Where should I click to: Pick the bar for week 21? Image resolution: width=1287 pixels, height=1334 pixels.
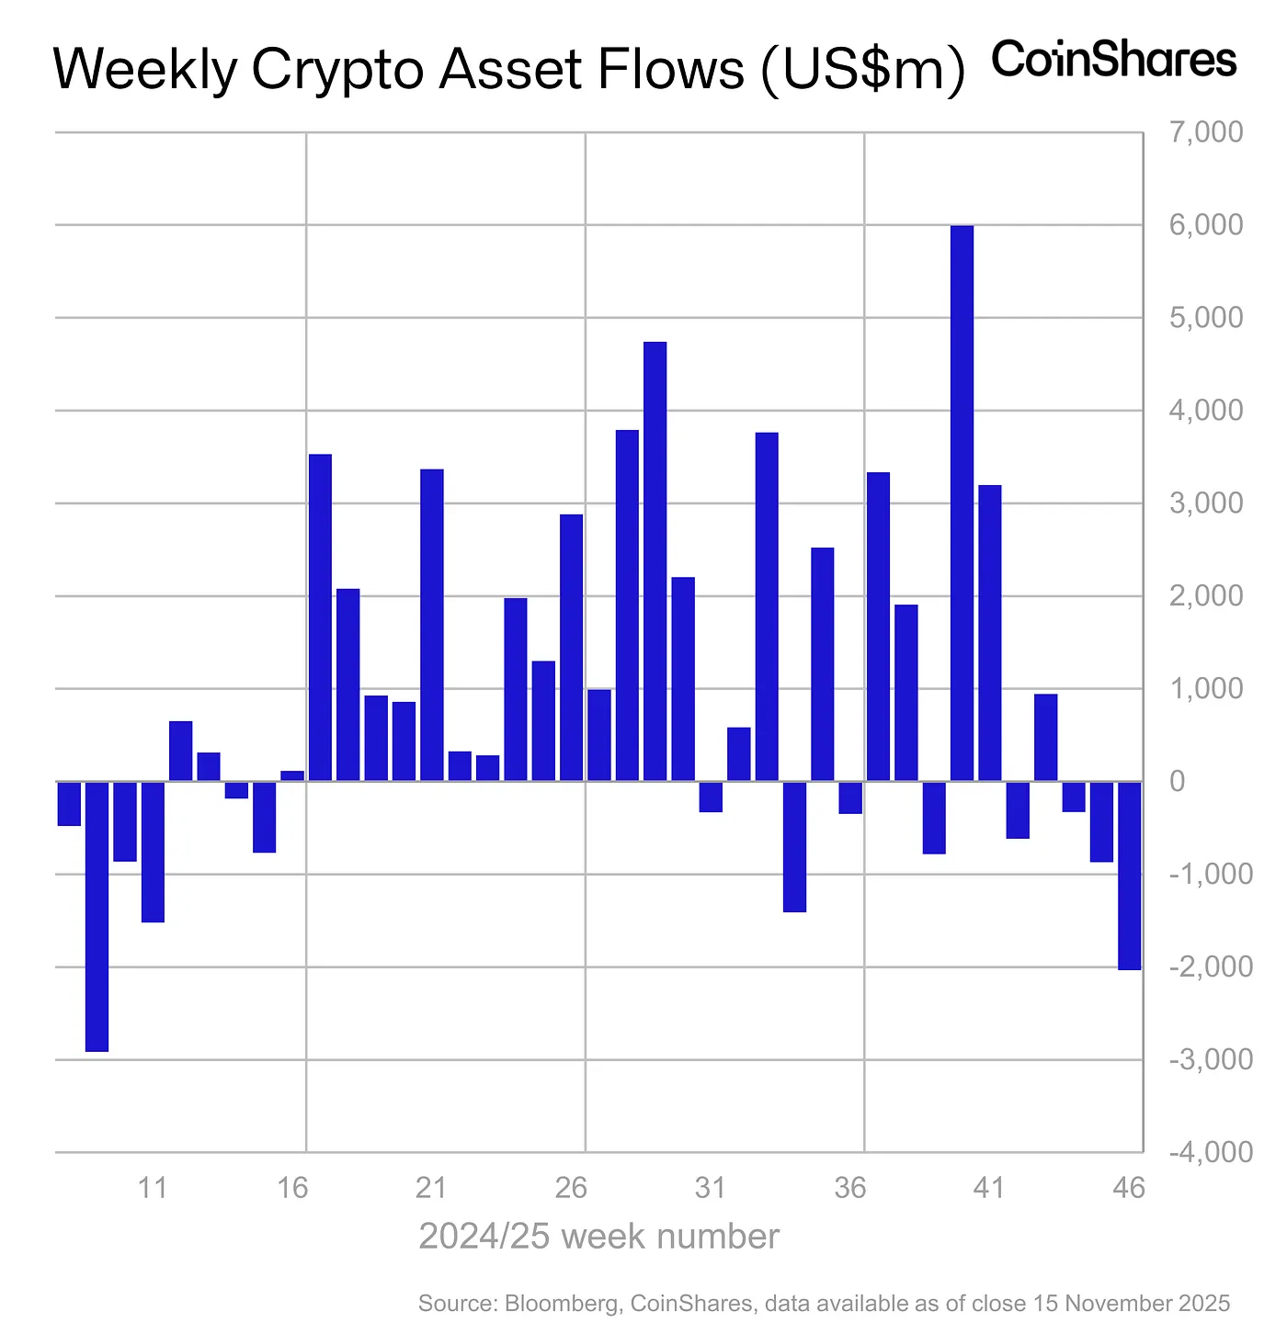point(432,625)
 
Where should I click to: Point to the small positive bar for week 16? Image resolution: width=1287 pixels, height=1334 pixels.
point(292,776)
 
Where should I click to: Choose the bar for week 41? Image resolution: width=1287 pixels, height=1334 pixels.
point(989,633)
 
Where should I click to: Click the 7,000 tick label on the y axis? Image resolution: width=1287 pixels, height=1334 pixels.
point(1203,132)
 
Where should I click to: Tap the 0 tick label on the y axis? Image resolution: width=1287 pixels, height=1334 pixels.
point(1178,782)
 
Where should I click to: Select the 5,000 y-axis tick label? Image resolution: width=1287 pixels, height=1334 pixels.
point(1203,318)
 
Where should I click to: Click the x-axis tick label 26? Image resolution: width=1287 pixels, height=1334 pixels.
point(571,1188)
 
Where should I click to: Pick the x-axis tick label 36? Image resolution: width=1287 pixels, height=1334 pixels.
point(850,1188)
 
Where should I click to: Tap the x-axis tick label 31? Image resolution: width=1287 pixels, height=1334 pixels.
point(711,1188)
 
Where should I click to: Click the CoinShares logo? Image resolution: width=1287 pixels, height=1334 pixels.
point(1114,60)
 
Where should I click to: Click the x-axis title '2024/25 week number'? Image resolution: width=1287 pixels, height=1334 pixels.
point(598,1237)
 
